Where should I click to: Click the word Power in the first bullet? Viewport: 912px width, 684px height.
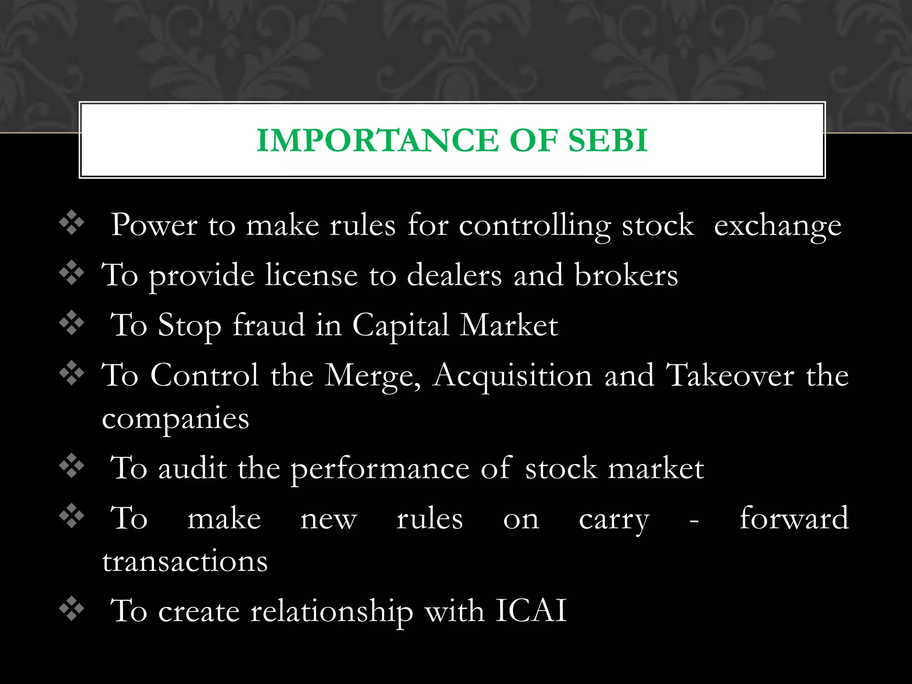154,225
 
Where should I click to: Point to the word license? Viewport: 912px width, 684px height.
311,275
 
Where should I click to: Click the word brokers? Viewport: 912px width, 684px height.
626,275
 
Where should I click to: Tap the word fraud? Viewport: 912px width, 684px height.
269,325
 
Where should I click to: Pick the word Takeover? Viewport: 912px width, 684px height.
729,375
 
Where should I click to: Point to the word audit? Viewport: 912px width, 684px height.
192,468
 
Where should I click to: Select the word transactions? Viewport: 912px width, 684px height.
185,561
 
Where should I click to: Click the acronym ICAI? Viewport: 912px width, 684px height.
531,611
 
